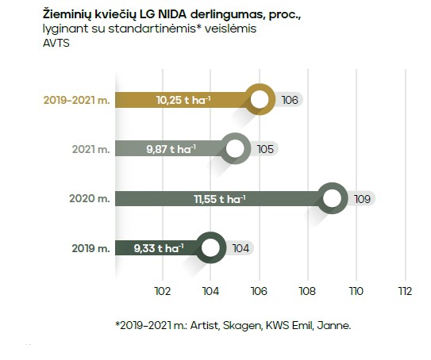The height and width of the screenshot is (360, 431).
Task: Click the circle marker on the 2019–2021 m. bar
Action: point(259,100)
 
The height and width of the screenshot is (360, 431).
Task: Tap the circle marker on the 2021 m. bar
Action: point(235,149)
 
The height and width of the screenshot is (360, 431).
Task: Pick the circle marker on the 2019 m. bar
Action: point(210,248)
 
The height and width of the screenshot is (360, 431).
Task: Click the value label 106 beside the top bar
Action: point(290,100)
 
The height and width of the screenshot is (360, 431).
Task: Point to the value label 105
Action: point(265,149)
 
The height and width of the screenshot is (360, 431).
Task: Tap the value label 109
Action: point(363,198)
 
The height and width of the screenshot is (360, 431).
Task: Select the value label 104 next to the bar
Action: point(241,248)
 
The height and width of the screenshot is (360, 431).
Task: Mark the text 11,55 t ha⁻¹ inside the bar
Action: point(218,198)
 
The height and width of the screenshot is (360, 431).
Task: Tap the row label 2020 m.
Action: point(87,198)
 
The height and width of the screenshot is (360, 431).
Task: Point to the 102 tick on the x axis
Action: point(162,291)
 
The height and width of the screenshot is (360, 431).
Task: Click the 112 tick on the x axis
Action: point(405,291)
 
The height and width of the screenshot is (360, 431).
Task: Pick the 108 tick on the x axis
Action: point(307,291)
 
